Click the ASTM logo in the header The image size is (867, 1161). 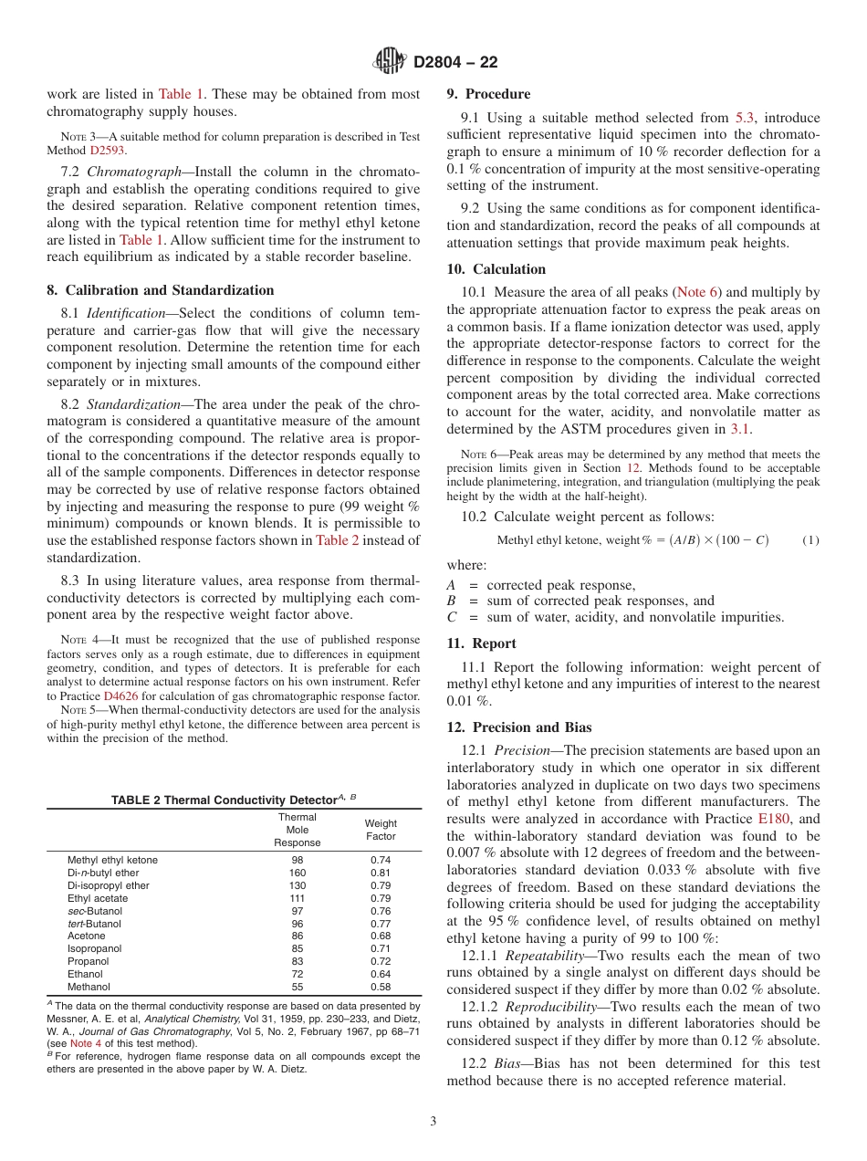[390, 62]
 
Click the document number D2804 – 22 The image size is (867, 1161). [455, 63]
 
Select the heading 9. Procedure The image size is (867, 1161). [488, 94]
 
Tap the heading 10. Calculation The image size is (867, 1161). [496, 269]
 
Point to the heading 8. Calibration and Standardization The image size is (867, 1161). [161, 290]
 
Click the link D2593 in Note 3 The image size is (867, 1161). [108, 150]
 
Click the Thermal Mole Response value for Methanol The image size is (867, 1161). [298, 987]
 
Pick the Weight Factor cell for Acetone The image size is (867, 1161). [381, 936]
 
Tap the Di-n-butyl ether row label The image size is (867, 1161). [103, 873]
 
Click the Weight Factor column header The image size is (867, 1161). [381, 830]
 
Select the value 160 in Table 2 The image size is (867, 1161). [298, 873]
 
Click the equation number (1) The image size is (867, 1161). [810, 540]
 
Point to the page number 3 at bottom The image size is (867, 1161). [433, 1122]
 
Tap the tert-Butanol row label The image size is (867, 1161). [94, 924]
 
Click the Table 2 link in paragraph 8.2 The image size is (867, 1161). [337, 540]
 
